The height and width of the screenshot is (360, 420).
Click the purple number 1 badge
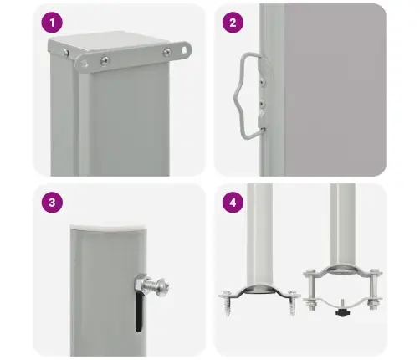tap(52, 23)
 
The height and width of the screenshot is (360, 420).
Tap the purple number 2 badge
tap(233, 23)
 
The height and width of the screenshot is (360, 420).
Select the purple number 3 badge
tap(52, 203)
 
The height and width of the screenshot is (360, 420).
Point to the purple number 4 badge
tap(233, 203)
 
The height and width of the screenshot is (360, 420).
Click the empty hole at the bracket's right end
tap(184, 50)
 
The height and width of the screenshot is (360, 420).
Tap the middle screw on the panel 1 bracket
tap(105, 60)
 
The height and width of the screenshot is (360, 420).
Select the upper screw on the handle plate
tap(262, 82)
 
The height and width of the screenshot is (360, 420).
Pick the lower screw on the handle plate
tap(262, 105)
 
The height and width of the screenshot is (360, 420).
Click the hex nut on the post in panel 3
tap(141, 284)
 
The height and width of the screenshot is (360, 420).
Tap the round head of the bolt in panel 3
tap(162, 286)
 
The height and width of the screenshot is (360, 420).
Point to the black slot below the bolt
tap(139, 312)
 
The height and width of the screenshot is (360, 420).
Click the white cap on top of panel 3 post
tap(109, 227)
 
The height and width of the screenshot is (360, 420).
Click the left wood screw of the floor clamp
tap(227, 303)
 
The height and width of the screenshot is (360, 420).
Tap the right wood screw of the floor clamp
tap(292, 303)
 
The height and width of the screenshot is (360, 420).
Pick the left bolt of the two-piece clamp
tap(310, 291)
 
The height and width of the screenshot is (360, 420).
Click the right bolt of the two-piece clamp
tap(374, 291)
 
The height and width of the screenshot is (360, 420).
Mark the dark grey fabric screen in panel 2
tap(335, 90)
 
